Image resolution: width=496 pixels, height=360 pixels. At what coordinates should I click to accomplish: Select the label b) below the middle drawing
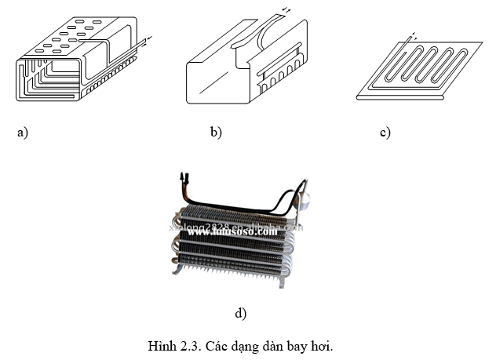(x=216, y=133)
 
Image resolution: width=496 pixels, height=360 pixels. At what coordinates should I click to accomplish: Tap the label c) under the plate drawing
(x=385, y=133)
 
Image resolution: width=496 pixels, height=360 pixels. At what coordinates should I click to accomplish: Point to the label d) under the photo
(x=241, y=313)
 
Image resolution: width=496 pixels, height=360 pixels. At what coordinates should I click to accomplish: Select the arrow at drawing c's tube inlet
(x=414, y=35)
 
